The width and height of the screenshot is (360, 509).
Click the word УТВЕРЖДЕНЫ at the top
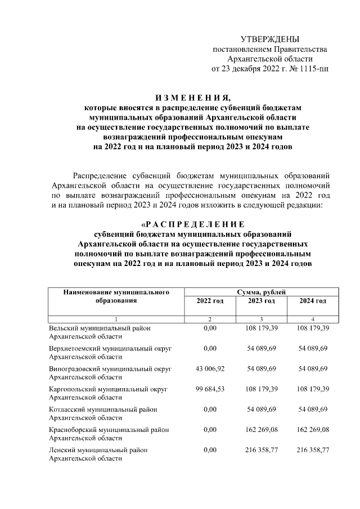click(x=270, y=39)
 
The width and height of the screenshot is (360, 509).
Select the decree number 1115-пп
click(x=312, y=69)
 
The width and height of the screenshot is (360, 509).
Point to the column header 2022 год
click(x=210, y=301)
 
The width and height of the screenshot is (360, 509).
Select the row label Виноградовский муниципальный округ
click(x=110, y=368)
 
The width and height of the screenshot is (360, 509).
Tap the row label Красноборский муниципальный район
click(x=109, y=430)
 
